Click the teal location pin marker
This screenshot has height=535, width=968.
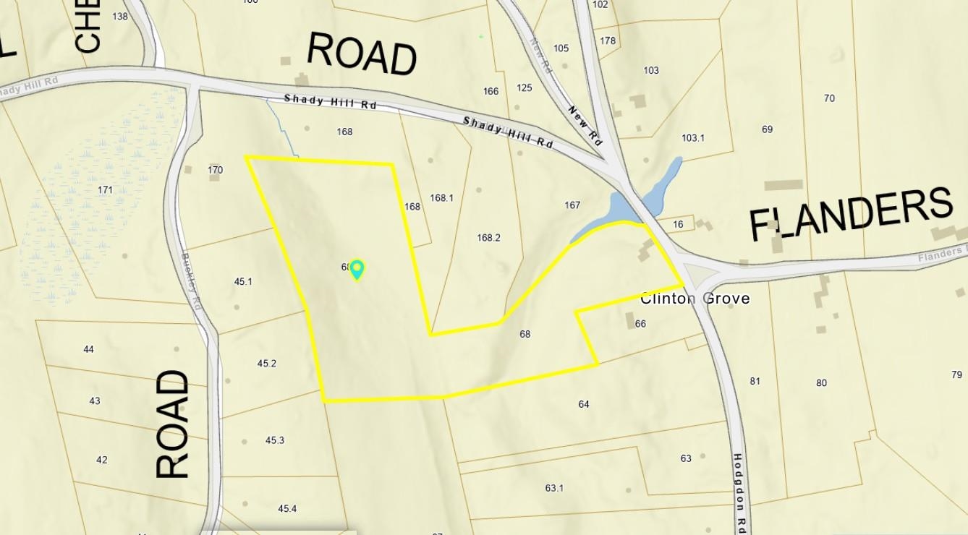point(357,270)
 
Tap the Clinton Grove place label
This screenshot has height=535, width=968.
point(695,299)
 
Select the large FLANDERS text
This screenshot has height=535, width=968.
point(850,214)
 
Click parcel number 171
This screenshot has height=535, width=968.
point(105,190)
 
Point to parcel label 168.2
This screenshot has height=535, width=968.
point(488,238)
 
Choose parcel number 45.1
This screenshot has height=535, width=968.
point(243,282)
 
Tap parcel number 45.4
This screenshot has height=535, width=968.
point(287,509)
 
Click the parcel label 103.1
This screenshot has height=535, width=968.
point(692,138)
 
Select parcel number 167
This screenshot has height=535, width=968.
point(572,205)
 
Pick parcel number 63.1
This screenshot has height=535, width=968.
point(554,488)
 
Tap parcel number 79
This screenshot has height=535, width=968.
point(956,374)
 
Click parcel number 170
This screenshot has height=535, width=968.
point(215,171)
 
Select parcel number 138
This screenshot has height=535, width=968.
point(120,17)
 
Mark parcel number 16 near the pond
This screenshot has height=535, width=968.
point(677,225)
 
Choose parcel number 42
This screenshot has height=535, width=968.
point(102,460)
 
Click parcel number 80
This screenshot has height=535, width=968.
point(821,383)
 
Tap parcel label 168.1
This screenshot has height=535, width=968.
point(441,198)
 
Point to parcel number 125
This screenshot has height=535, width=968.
point(525,88)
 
